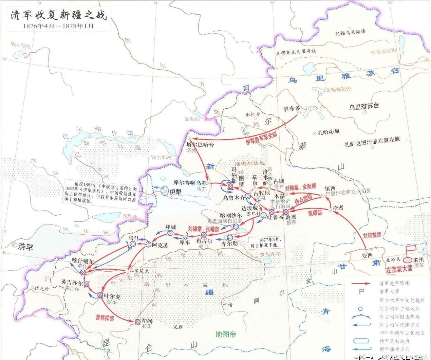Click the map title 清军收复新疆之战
[58, 15]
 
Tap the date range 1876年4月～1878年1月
[58, 26]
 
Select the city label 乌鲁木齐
[234, 197]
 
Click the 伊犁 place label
[175, 192]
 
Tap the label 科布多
[292, 109]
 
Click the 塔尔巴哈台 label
[201, 145]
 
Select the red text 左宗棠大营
[399, 269]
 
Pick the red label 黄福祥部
[105, 318]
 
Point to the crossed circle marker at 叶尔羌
[100, 295]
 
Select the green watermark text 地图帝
[226, 334]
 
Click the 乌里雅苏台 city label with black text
[364, 106]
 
